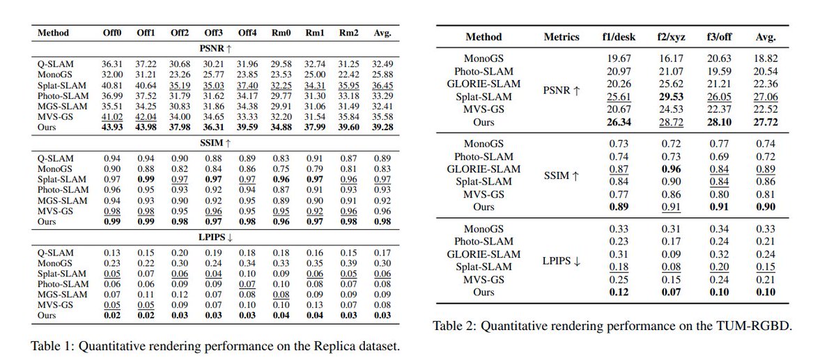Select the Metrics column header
(x=562, y=37)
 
